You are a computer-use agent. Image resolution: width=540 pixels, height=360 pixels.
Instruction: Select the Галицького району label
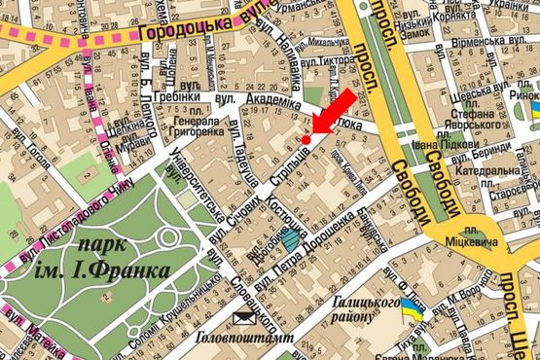coord(360,311)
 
